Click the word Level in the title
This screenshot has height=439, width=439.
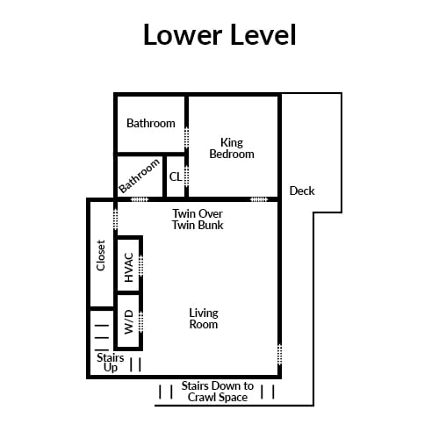point(263,34)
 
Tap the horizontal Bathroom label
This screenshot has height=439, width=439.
point(151,123)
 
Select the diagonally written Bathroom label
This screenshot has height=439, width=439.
point(140,176)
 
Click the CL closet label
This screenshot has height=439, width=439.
point(176,176)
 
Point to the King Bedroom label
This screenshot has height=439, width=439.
point(232,148)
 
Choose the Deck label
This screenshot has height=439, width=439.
point(302,191)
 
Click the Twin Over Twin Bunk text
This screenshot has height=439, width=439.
point(198,219)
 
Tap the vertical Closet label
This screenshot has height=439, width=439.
point(101,255)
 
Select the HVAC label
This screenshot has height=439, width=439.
point(129,267)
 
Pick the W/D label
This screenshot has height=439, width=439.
point(129,322)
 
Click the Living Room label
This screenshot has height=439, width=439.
point(204,319)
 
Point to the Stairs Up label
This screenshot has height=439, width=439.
point(111,363)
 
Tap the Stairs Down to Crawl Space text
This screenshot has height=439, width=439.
point(218,392)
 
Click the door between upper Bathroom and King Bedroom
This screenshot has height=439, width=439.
point(186,138)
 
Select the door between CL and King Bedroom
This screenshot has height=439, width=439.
point(186,176)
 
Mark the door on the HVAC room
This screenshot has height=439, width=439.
point(141,265)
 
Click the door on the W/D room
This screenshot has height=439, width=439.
point(141,322)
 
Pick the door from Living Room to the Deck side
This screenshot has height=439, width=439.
point(279,355)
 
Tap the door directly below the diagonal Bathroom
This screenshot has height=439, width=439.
point(140,199)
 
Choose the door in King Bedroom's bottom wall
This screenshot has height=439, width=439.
point(259,199)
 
